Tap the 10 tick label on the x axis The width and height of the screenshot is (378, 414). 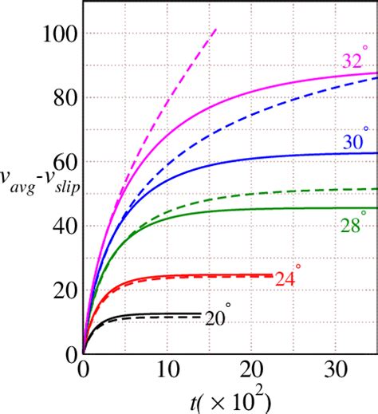click(167, 371)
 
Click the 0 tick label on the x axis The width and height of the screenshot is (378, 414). click(84, 371)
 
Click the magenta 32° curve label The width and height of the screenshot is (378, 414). click(356, 59)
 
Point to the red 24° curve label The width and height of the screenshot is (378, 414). click(288, 278)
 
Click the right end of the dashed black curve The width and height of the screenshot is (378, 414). click(200, 317)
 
